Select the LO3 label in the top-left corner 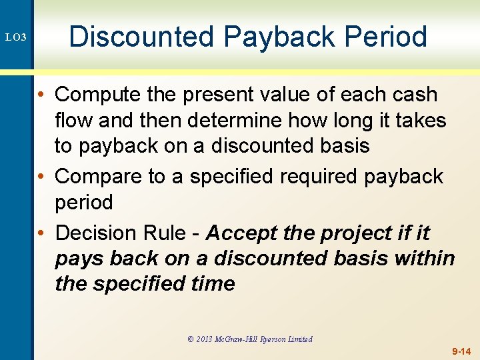click(16, 38)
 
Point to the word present click(225, 95)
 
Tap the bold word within click(423, 259)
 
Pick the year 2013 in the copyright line click(204, 339)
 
